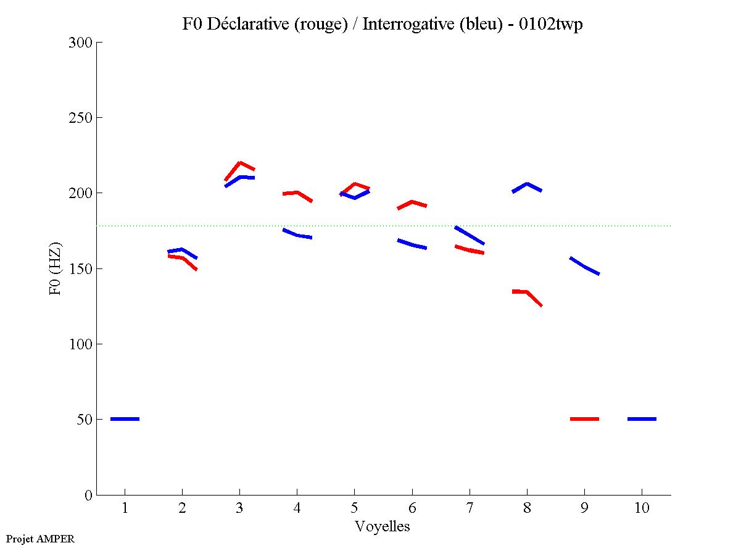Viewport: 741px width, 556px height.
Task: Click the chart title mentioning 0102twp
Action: (383, 25)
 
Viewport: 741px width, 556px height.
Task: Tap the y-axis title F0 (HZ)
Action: (56, 268)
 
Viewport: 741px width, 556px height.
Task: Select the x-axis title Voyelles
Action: (383, 526)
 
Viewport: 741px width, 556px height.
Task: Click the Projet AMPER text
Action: (40, 539)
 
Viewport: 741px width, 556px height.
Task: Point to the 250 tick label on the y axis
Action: (80, 118)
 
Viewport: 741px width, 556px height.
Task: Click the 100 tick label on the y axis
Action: (80, 344)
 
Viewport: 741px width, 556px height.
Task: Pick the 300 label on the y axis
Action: (80, 43)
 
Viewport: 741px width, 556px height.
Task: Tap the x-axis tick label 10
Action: (642, 508)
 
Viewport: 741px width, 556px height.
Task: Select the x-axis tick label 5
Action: (354, 508)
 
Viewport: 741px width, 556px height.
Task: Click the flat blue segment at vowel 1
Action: (125, 419)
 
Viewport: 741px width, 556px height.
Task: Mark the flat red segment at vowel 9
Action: (584, 419)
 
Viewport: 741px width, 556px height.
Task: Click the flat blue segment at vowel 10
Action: (642, 419)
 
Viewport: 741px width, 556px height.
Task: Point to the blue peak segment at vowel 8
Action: (527, 185)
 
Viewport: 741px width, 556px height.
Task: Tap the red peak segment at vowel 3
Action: (239, 164)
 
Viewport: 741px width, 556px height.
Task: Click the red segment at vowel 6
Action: (412, 202)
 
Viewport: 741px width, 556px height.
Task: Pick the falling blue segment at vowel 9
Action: (584, 267)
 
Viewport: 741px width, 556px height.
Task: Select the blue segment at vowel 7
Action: (470, 236)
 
